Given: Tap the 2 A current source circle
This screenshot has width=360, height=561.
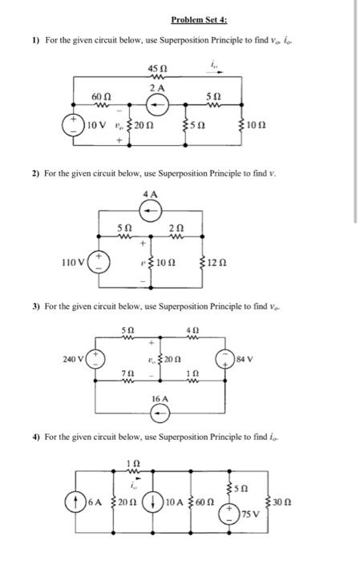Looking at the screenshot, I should pos(158,103).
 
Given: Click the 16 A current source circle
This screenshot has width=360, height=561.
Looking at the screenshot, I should pos(160,413).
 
